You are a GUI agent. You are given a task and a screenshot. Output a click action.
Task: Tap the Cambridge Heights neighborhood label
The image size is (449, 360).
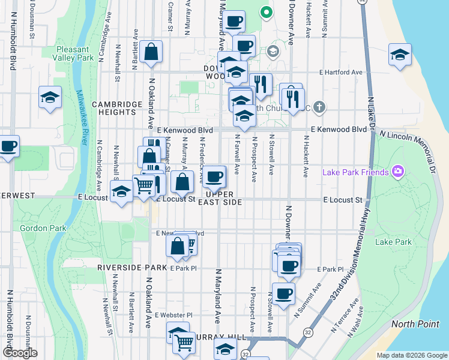pyautogui.click(x=113, y=107)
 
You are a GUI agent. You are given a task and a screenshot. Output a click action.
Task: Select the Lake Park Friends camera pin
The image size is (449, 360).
pyautogui.click(x=397, y=172)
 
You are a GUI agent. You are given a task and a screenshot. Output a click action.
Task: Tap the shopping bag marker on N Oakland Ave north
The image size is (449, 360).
pyautogui.click(x=152, y=52)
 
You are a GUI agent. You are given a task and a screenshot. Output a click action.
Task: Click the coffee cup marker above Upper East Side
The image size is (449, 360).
pyautogui.click(x=214, y=177)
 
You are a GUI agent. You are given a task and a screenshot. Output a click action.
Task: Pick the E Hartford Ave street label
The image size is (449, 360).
pyautogui.click(x=341, y=73)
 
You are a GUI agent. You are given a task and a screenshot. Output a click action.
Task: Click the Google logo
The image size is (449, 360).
pyautogui.click(x=20, y=352)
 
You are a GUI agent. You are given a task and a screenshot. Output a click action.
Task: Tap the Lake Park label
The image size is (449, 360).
pyautogui.click(x=393, y=242)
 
